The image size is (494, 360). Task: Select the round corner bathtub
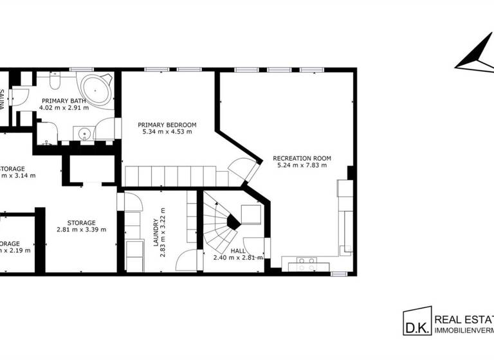pos(95,91)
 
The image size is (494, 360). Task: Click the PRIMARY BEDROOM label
pos(167,125)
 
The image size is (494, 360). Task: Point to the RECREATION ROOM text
pos(302,157)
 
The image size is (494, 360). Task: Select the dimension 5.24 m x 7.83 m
pos(302,165)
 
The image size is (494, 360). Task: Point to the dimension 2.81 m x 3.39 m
pos(81,230)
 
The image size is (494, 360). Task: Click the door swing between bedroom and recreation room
pos(244,168)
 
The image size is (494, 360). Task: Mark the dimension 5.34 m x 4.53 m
pos(167,132)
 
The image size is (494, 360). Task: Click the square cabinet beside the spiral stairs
pos(250,213)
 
